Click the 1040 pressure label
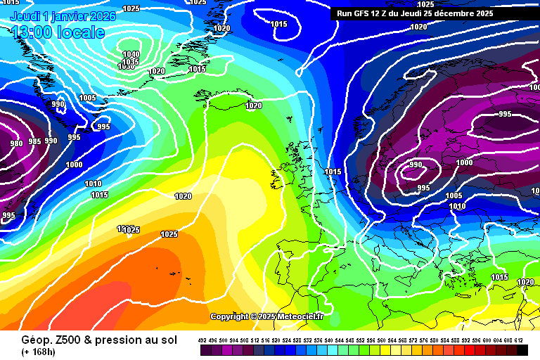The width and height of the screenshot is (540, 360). click(x=131, y=54)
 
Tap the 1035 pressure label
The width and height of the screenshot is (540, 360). click(x=130, y=62)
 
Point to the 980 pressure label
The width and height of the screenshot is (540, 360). click(x=16, y=144)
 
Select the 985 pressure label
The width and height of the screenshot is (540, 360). click(x=34, y=141)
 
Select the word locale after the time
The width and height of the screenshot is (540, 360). click(x=82, y=32)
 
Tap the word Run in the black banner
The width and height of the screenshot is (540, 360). click(x=345, y=13)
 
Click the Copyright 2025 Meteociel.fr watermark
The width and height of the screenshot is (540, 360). click(x=266, y=316)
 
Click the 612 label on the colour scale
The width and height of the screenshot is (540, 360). click(x=519, y=340)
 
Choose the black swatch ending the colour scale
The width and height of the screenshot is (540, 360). click(x=522, y=349)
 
